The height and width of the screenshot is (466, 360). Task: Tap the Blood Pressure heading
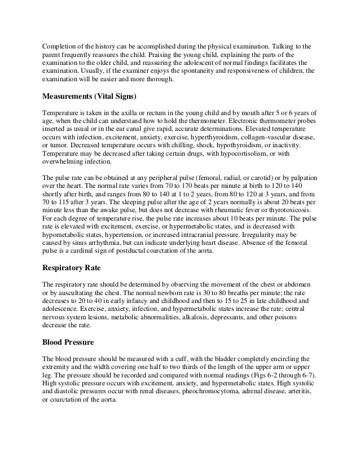[70, 343]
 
